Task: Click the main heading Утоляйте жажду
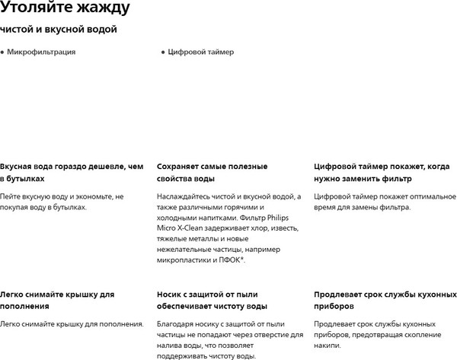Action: click(65, 10)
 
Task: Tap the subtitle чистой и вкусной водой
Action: click(59, 30)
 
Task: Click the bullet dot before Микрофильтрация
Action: click(2, 53)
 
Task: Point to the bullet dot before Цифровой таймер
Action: click(162, 53)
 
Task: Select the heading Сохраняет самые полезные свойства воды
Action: click(211, 172)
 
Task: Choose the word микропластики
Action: click(184, 260)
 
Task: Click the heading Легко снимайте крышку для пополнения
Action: click(57, 300)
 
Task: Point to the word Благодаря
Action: click(177, 324)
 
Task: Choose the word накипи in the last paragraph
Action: click(326, 346)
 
